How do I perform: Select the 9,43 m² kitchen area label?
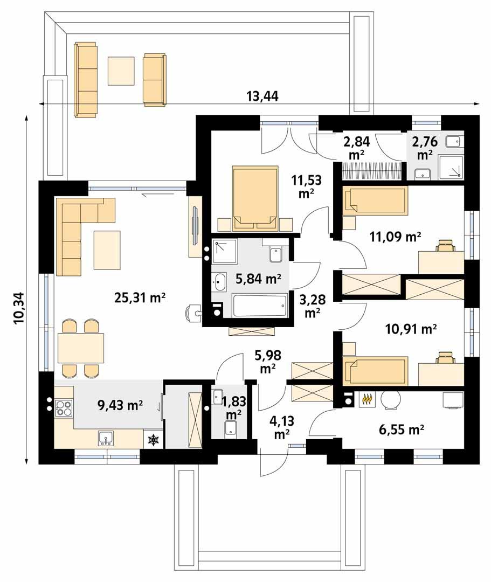[120, 405]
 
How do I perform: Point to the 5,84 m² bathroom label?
[259, 279]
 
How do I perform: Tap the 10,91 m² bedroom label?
[410, 328]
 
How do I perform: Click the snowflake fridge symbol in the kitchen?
[154, 440]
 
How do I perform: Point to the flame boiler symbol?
[367, 399]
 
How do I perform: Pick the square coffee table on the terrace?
[122, 71]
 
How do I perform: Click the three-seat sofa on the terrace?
[86, 80]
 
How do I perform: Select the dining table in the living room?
[81, 348]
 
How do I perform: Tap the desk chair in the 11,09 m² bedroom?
[445, 246]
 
